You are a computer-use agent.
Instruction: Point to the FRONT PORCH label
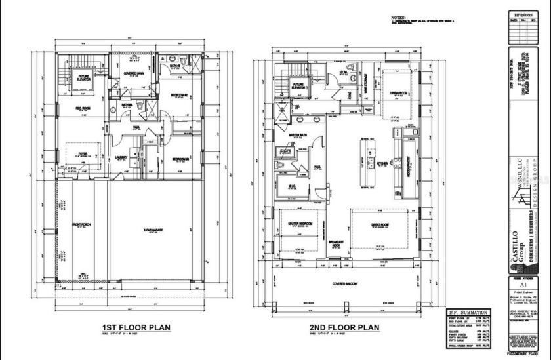(x=81, y=227)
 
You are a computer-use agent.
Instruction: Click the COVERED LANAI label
(x=134, y=74)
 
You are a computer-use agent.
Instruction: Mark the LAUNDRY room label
(x=121, y=157)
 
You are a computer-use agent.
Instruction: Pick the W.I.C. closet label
(x=292, y=185)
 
